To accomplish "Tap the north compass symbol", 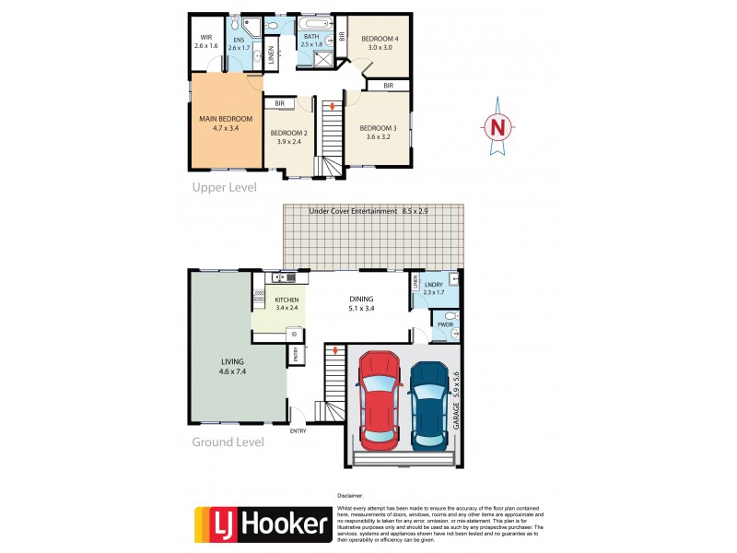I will coord(498,126).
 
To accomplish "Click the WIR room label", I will coord(206,39).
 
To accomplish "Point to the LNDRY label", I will coord(433,287).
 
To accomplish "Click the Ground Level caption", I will coord(228,442).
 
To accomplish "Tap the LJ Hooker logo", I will coord(261,524).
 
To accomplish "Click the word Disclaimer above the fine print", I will coord(351,495).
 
